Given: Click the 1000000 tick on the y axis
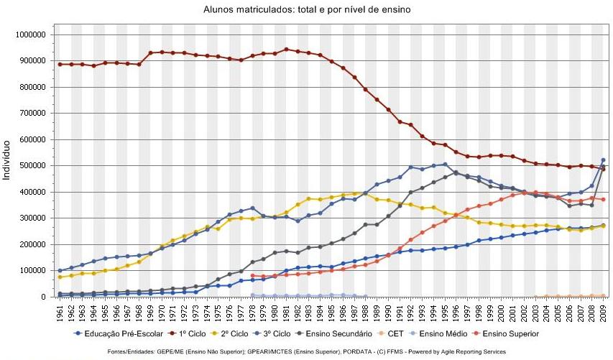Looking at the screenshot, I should click(29, 34).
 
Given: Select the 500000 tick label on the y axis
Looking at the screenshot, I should click(32, 165).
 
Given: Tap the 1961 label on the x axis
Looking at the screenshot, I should click(60, 313).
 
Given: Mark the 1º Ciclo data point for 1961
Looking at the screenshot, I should click(60, 64).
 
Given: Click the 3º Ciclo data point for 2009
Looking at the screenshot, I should click(602, 160).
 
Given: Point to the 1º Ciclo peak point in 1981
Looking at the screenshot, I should click(286, 50).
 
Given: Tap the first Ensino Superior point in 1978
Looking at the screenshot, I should click(252, 275).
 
